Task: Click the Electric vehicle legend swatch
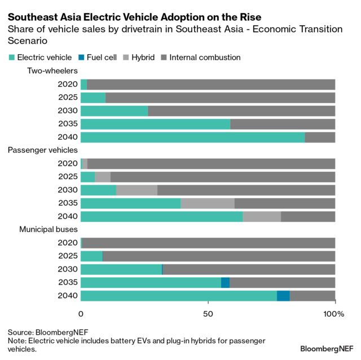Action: [x=11, y=57]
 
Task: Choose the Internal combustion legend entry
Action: [x=200, y=57]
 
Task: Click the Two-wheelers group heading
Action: [x=52, y=71]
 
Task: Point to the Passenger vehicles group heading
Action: [x=42, y=150]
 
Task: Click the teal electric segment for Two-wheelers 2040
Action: [x=192, y=137]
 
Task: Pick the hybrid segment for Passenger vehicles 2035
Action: [x=207, y=203]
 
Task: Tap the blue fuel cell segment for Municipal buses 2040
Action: [x=283, y=296]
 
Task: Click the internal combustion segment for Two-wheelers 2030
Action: [x=241, y=111]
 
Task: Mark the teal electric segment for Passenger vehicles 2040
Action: [x=162, y=217]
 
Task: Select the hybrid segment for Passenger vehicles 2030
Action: [x=137, y=190]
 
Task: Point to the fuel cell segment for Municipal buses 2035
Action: [x=225, y=283]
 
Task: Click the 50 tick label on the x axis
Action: [x=208, y=313]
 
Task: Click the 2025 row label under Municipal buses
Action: [x=67, y=256]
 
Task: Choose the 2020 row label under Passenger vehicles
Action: [x=67, y=163]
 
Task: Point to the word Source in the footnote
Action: [x=20, y=332]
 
